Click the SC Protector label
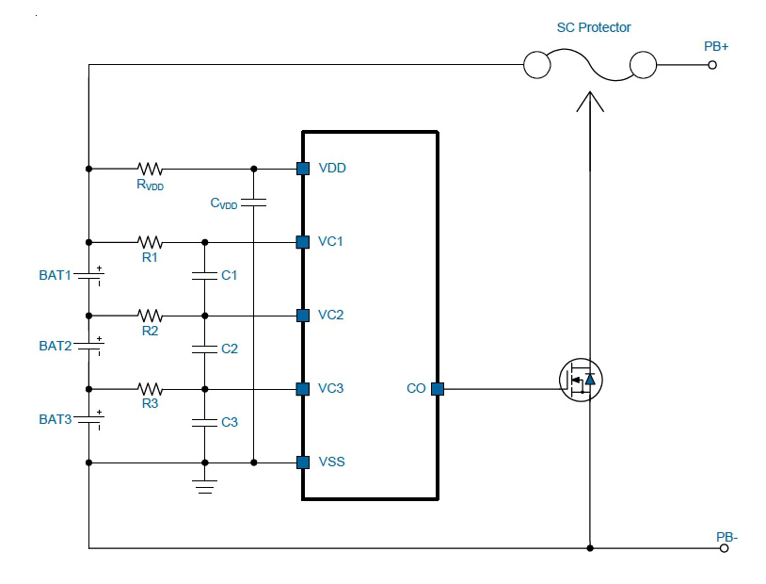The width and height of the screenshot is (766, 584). coord(594,27)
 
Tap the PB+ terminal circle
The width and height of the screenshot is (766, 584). coord(712,65)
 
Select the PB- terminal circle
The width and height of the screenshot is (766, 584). coord(724,548)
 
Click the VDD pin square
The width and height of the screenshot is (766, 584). coord(303,169)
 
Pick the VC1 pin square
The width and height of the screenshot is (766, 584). coord(303,242)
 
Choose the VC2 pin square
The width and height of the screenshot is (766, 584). coord(303,316)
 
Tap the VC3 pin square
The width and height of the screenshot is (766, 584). coord(303,389)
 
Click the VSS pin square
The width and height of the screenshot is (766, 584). coord(303,462)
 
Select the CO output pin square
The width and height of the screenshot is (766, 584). coord(438,389)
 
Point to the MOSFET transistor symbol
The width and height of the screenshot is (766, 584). coord(581,380)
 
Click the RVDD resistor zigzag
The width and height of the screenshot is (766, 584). coord(150,169)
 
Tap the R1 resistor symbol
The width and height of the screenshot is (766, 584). coord(150,242)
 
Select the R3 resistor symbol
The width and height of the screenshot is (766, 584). coord(150,389)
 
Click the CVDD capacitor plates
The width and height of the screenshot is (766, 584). coord(253,203)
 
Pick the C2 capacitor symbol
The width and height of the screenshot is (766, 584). coord(205,349)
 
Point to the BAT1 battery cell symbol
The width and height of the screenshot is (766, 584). coord(88,275)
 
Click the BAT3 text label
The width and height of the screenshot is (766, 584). coord(56,420)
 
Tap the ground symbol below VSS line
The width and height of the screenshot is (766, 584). coord(205,487)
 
